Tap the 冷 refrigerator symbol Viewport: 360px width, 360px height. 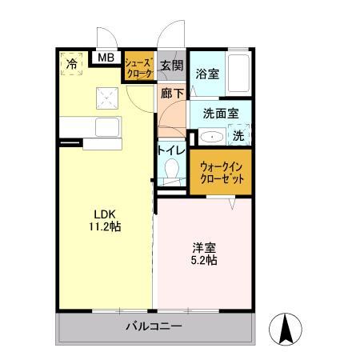tap(72, 63)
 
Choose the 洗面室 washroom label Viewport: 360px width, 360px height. tap(220, 113)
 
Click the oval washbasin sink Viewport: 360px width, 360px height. tap(210, 137)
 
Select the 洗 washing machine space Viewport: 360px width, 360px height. tap(239, 136)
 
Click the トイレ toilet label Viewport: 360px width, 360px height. tap(171, 150)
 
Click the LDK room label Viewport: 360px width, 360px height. tap(106, 214)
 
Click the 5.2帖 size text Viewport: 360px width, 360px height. tap(203, 260)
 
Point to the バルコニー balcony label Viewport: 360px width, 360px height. tap(154, 327)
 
